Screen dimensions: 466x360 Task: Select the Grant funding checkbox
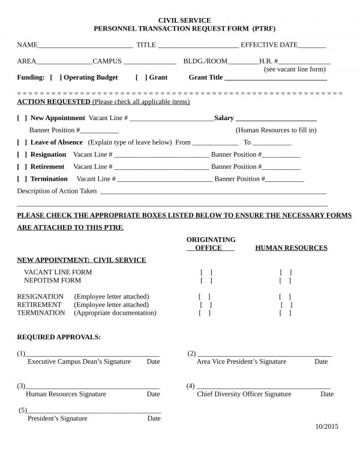141,77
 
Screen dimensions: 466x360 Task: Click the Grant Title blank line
275,79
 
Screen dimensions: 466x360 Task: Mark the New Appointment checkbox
22,118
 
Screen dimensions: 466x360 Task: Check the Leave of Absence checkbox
22,142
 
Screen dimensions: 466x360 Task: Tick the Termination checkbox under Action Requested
22,179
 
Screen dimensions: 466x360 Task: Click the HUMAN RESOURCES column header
291,247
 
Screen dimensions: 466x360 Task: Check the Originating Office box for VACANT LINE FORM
206,272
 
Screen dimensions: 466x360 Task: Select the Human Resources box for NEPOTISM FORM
286,280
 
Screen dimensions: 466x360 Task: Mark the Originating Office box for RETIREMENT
206,305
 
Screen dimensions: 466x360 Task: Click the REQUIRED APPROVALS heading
59,337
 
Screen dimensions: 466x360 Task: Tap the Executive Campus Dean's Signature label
79,362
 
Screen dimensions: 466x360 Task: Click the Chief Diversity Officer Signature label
244,394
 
